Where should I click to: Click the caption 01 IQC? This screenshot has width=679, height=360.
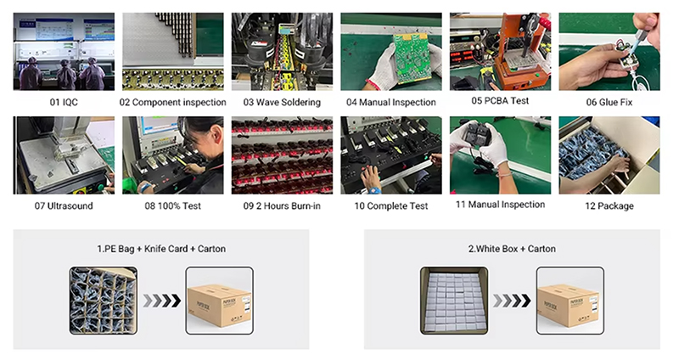click(64, 102)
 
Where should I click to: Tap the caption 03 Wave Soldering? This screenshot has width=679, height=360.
click(282, 102)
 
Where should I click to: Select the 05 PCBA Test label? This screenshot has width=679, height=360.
click(500, 100)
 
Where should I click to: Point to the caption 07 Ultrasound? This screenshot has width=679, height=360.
click(64, 205)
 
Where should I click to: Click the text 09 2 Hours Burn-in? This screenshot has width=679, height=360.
click(282, 205)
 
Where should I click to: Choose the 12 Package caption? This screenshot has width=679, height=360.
click(609, 205)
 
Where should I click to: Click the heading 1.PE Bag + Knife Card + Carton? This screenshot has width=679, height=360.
click(161, 249)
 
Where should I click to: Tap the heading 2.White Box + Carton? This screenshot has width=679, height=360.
click(512, 249)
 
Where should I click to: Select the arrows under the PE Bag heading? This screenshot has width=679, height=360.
click(161, 301)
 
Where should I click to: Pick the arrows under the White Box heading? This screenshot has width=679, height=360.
click(512, 301)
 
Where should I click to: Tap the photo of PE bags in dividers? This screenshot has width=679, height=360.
click(104, 301)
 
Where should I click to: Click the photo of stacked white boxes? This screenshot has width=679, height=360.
click(454, 301)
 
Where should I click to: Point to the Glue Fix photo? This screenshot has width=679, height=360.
click(609, 52)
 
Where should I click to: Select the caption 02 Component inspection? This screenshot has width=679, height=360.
click(173, 102)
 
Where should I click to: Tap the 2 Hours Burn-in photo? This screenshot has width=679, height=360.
click(282, 155)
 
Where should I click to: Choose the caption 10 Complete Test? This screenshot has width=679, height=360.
click(391, 205)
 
